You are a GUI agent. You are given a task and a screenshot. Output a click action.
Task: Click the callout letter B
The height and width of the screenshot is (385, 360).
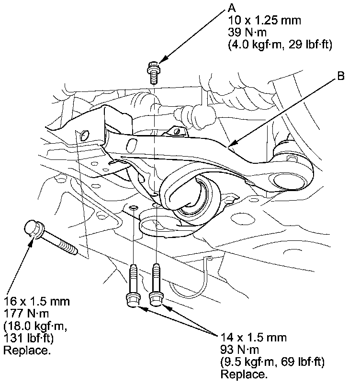341,75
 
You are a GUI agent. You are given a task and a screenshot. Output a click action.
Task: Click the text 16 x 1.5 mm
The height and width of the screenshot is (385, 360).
36,302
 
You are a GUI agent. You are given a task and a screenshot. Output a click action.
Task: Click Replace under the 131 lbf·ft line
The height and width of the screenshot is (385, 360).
27,350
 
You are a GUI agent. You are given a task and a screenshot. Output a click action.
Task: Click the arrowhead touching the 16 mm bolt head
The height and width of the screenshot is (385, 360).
32,239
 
